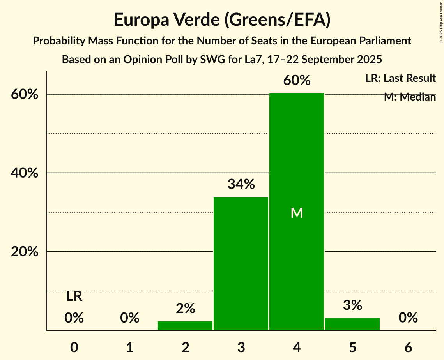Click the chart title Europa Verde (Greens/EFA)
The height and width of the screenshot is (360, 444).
[x=222, y=20]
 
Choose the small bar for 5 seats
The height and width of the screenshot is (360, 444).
[x=352, y=324]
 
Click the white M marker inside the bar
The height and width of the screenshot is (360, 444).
[x=297, y=213]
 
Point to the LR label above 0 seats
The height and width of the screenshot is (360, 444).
[x=74, y=296]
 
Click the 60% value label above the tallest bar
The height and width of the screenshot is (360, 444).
[x=297, y=81]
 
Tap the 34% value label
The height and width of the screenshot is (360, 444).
[x=241, y=184]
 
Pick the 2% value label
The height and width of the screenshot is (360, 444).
[x=185, y=309]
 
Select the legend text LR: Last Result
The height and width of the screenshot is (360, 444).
[x=400, y=78]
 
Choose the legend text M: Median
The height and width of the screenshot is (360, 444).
[x=410, y=97]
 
